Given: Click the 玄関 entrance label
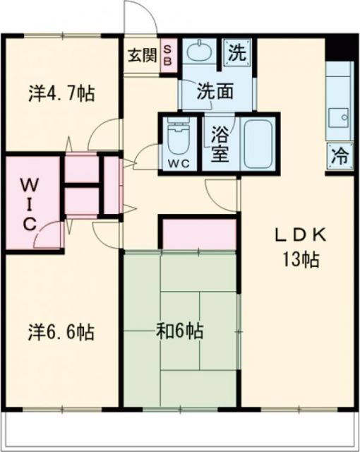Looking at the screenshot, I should coord(142,54).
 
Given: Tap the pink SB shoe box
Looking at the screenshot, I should coord(168,54).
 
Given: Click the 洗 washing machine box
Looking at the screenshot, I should coord(236,51).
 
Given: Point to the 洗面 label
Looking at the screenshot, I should coord(214,90).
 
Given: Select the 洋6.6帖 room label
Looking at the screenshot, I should coord(62,331).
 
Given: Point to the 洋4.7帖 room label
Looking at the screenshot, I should coord(62,93).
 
